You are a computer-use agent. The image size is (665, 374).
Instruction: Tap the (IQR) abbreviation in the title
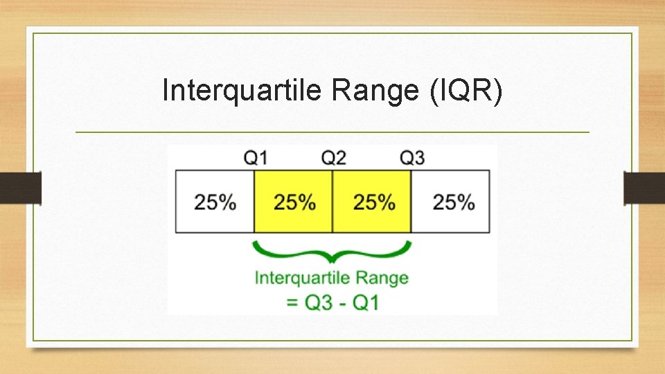pyautogui.click(x=465, y=90)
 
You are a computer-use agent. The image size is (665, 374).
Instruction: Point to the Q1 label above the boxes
pyautogui.click(x=255, y=157)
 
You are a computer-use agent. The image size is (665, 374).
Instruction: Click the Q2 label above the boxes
pyautogui.click(x=333, y=157)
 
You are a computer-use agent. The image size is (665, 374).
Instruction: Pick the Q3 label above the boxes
pyautogui.click(x=412, y=157)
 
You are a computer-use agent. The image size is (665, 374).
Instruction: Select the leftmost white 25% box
pyautogui.click(x=215, y=202)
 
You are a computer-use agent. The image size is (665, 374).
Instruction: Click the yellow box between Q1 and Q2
pyautogui.click(x=294, y=202)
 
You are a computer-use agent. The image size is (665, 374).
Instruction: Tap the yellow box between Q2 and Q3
pyautogui.click(x=373, y=202)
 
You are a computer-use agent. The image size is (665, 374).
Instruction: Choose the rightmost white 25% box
pyautogui.click(x=452, y=202)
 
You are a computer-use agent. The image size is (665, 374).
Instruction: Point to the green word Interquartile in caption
pyautogui.click(x=301, y=278)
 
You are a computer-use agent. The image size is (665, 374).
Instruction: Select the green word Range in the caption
pyautogui.click(x=381, y=278)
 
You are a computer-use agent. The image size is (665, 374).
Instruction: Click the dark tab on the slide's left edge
pyautogui.click(x=20, y=188)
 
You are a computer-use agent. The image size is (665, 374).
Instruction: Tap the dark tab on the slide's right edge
pyautogui.click(x=644, y=188)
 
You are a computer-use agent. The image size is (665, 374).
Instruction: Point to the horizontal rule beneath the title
pyautogui.click(x=332, y=132)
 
